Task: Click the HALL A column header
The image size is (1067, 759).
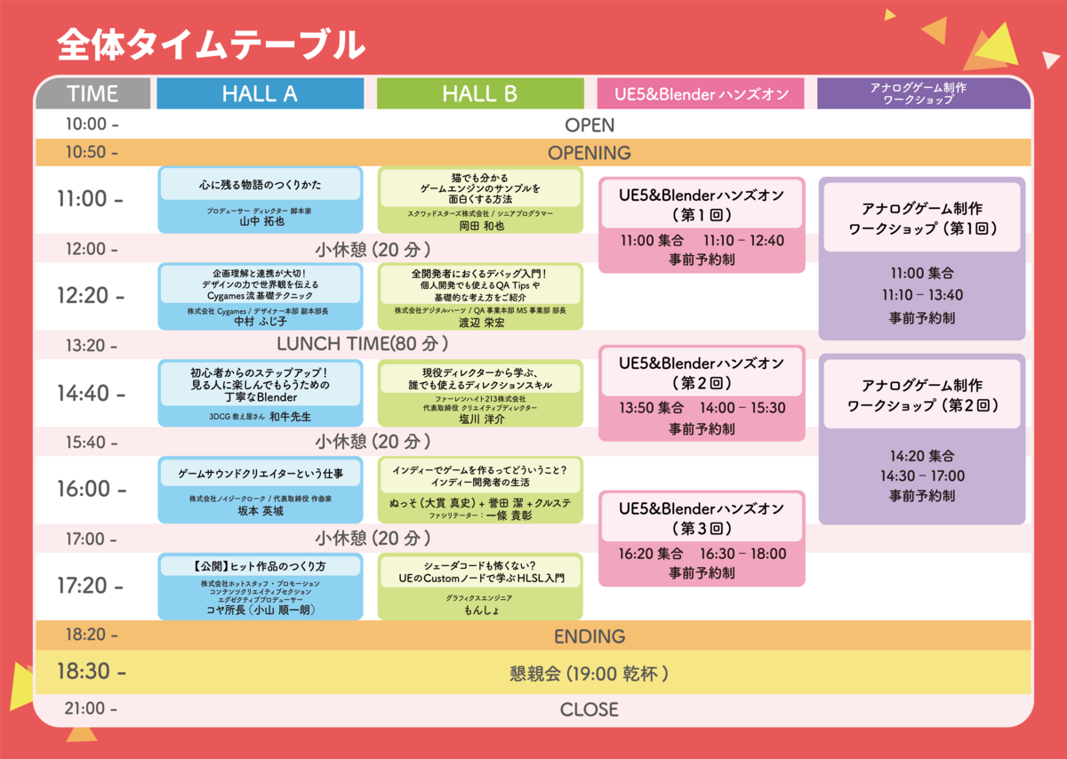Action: click(x=260, y=93)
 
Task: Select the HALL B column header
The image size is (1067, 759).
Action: click(x=479, y=93)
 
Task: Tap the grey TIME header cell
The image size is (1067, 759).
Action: click(x=92, y=93)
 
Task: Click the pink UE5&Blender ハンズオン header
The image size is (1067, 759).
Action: click(x=701, y=93)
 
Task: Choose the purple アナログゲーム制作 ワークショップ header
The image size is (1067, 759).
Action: click(x=924, y=93)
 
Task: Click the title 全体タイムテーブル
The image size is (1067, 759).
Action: click(x=211, y=44)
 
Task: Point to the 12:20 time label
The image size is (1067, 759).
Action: click(x=90, y=296)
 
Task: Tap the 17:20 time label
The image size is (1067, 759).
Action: click(x=90, y=585)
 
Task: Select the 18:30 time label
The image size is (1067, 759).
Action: click(x=91, y=673)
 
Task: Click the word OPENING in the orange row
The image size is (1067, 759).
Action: click(x=589, y=152)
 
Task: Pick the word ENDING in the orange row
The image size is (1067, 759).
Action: click(x=589, y=636)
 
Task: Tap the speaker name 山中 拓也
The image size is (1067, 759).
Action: click(x=261, y=222)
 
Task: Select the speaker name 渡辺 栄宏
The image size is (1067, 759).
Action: click(x=481, y=322)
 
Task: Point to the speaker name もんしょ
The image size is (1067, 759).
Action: click(x=481, y=611)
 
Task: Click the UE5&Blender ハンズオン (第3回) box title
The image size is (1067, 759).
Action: click(x=702, y=518)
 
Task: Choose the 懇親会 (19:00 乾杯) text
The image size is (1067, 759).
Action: click(x=589, y=674)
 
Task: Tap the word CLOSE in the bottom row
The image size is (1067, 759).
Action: click(x=589, y=709)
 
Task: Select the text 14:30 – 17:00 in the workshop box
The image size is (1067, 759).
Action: click(x=922, y=475)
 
